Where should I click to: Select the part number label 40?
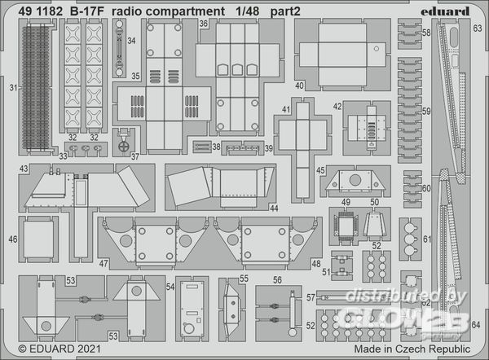299,86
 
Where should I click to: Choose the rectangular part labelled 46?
39,241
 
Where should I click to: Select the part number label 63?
476,28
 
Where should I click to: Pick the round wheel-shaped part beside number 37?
122,148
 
